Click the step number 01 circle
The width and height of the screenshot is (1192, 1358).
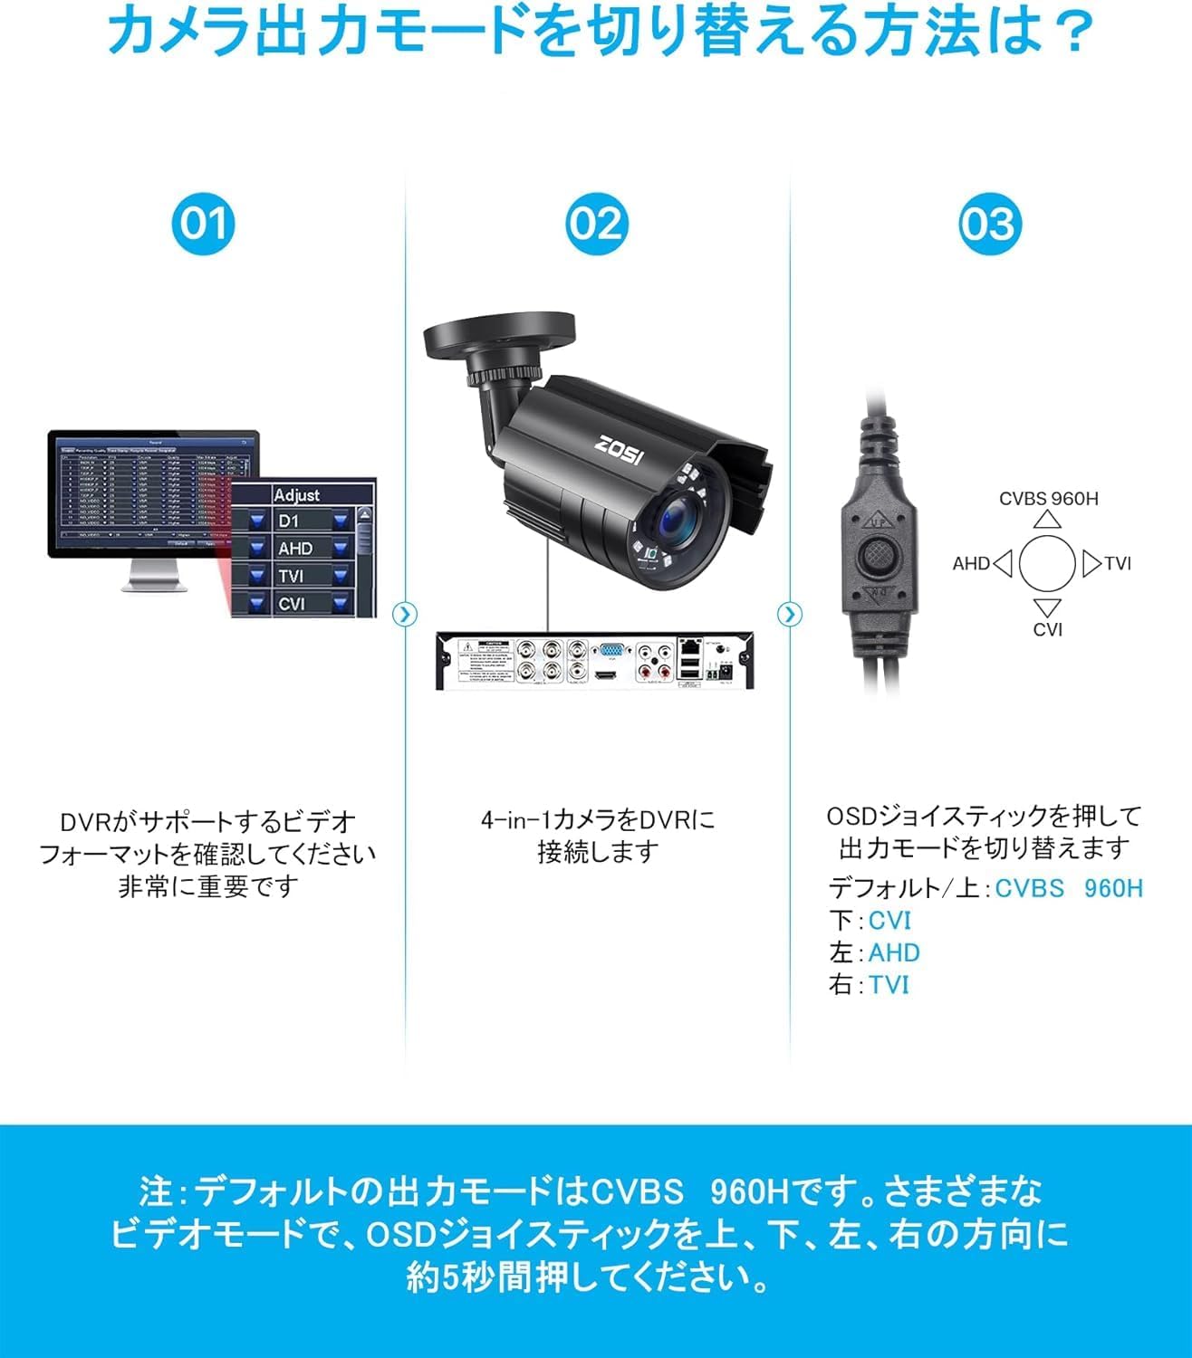click(x=204, y=224)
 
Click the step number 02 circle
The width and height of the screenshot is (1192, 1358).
click(x=596, y=224)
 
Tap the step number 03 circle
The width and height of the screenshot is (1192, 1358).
click(x=990, y=224)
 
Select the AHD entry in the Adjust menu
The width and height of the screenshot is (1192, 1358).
click(x=295, y=549)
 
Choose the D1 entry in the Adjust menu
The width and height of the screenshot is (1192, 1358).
click(x=289, y=521)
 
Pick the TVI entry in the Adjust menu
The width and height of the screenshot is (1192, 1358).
click(x=292, y=576)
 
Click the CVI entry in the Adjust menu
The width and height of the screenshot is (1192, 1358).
click(x=292, y=603)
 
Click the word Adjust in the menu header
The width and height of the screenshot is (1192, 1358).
click(x=297, y=495)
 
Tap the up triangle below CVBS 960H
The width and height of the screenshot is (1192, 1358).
click(x=1048, y=520)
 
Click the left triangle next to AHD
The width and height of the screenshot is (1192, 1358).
click(x=1002, y=564)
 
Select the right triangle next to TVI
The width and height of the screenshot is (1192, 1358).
click(x=1091, y=564)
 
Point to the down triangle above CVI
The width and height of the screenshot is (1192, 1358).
click(x=1048, y=607)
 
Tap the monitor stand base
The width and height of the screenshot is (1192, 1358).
click(x=154, y=586)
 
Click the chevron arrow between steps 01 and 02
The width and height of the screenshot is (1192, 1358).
click(x=405, y=615)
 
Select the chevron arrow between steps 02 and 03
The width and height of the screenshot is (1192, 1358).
click(x=790, y=615)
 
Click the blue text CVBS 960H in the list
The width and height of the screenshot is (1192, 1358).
click(x=1069, y=888)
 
